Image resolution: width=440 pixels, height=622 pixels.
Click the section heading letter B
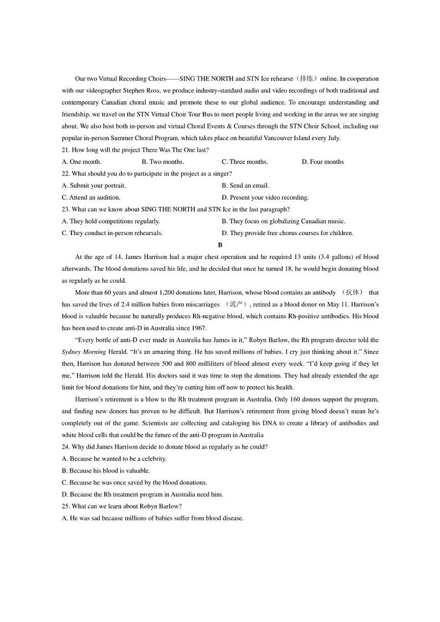pyautogui.click(x=220, y=245)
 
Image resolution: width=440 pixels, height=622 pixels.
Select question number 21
pyautogui.click(x=65, y=150)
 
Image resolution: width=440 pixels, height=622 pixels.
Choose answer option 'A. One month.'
pyautogui.click(x=81, y=162)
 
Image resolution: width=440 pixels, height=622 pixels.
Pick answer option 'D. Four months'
pyautogui.click(x=323, y=162)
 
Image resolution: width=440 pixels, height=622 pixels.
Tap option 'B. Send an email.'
pyautogui.click(x=245, y=185)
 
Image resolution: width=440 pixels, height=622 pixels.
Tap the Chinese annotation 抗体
pyautogui.click(x=352, y=292)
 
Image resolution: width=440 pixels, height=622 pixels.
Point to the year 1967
pyautogui.click(x=198, y=328)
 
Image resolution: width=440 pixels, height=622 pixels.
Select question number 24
pyautogui.click(x=65, y=447)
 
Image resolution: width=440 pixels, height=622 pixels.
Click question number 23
pyautogui.click(x=65, y=209)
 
